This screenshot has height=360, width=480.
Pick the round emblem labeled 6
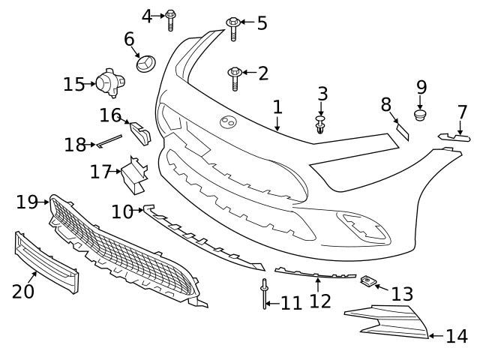[x=145, y=63]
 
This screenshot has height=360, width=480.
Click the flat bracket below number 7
[x=455, y=137]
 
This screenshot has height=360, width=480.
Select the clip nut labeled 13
[x=367, y=281]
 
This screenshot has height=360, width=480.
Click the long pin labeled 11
[x=265, y=296]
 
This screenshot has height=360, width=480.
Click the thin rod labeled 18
[x=109, y=139]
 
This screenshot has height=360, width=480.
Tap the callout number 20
[x=23, y=290]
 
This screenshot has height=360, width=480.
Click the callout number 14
[x=456, y=337]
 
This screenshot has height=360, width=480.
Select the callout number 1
[x=277, y=107]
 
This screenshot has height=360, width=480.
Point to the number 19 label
[x=26, y=202]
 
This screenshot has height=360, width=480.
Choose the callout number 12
[x=320, y=301]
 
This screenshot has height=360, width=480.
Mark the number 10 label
[x=122, y=212]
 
